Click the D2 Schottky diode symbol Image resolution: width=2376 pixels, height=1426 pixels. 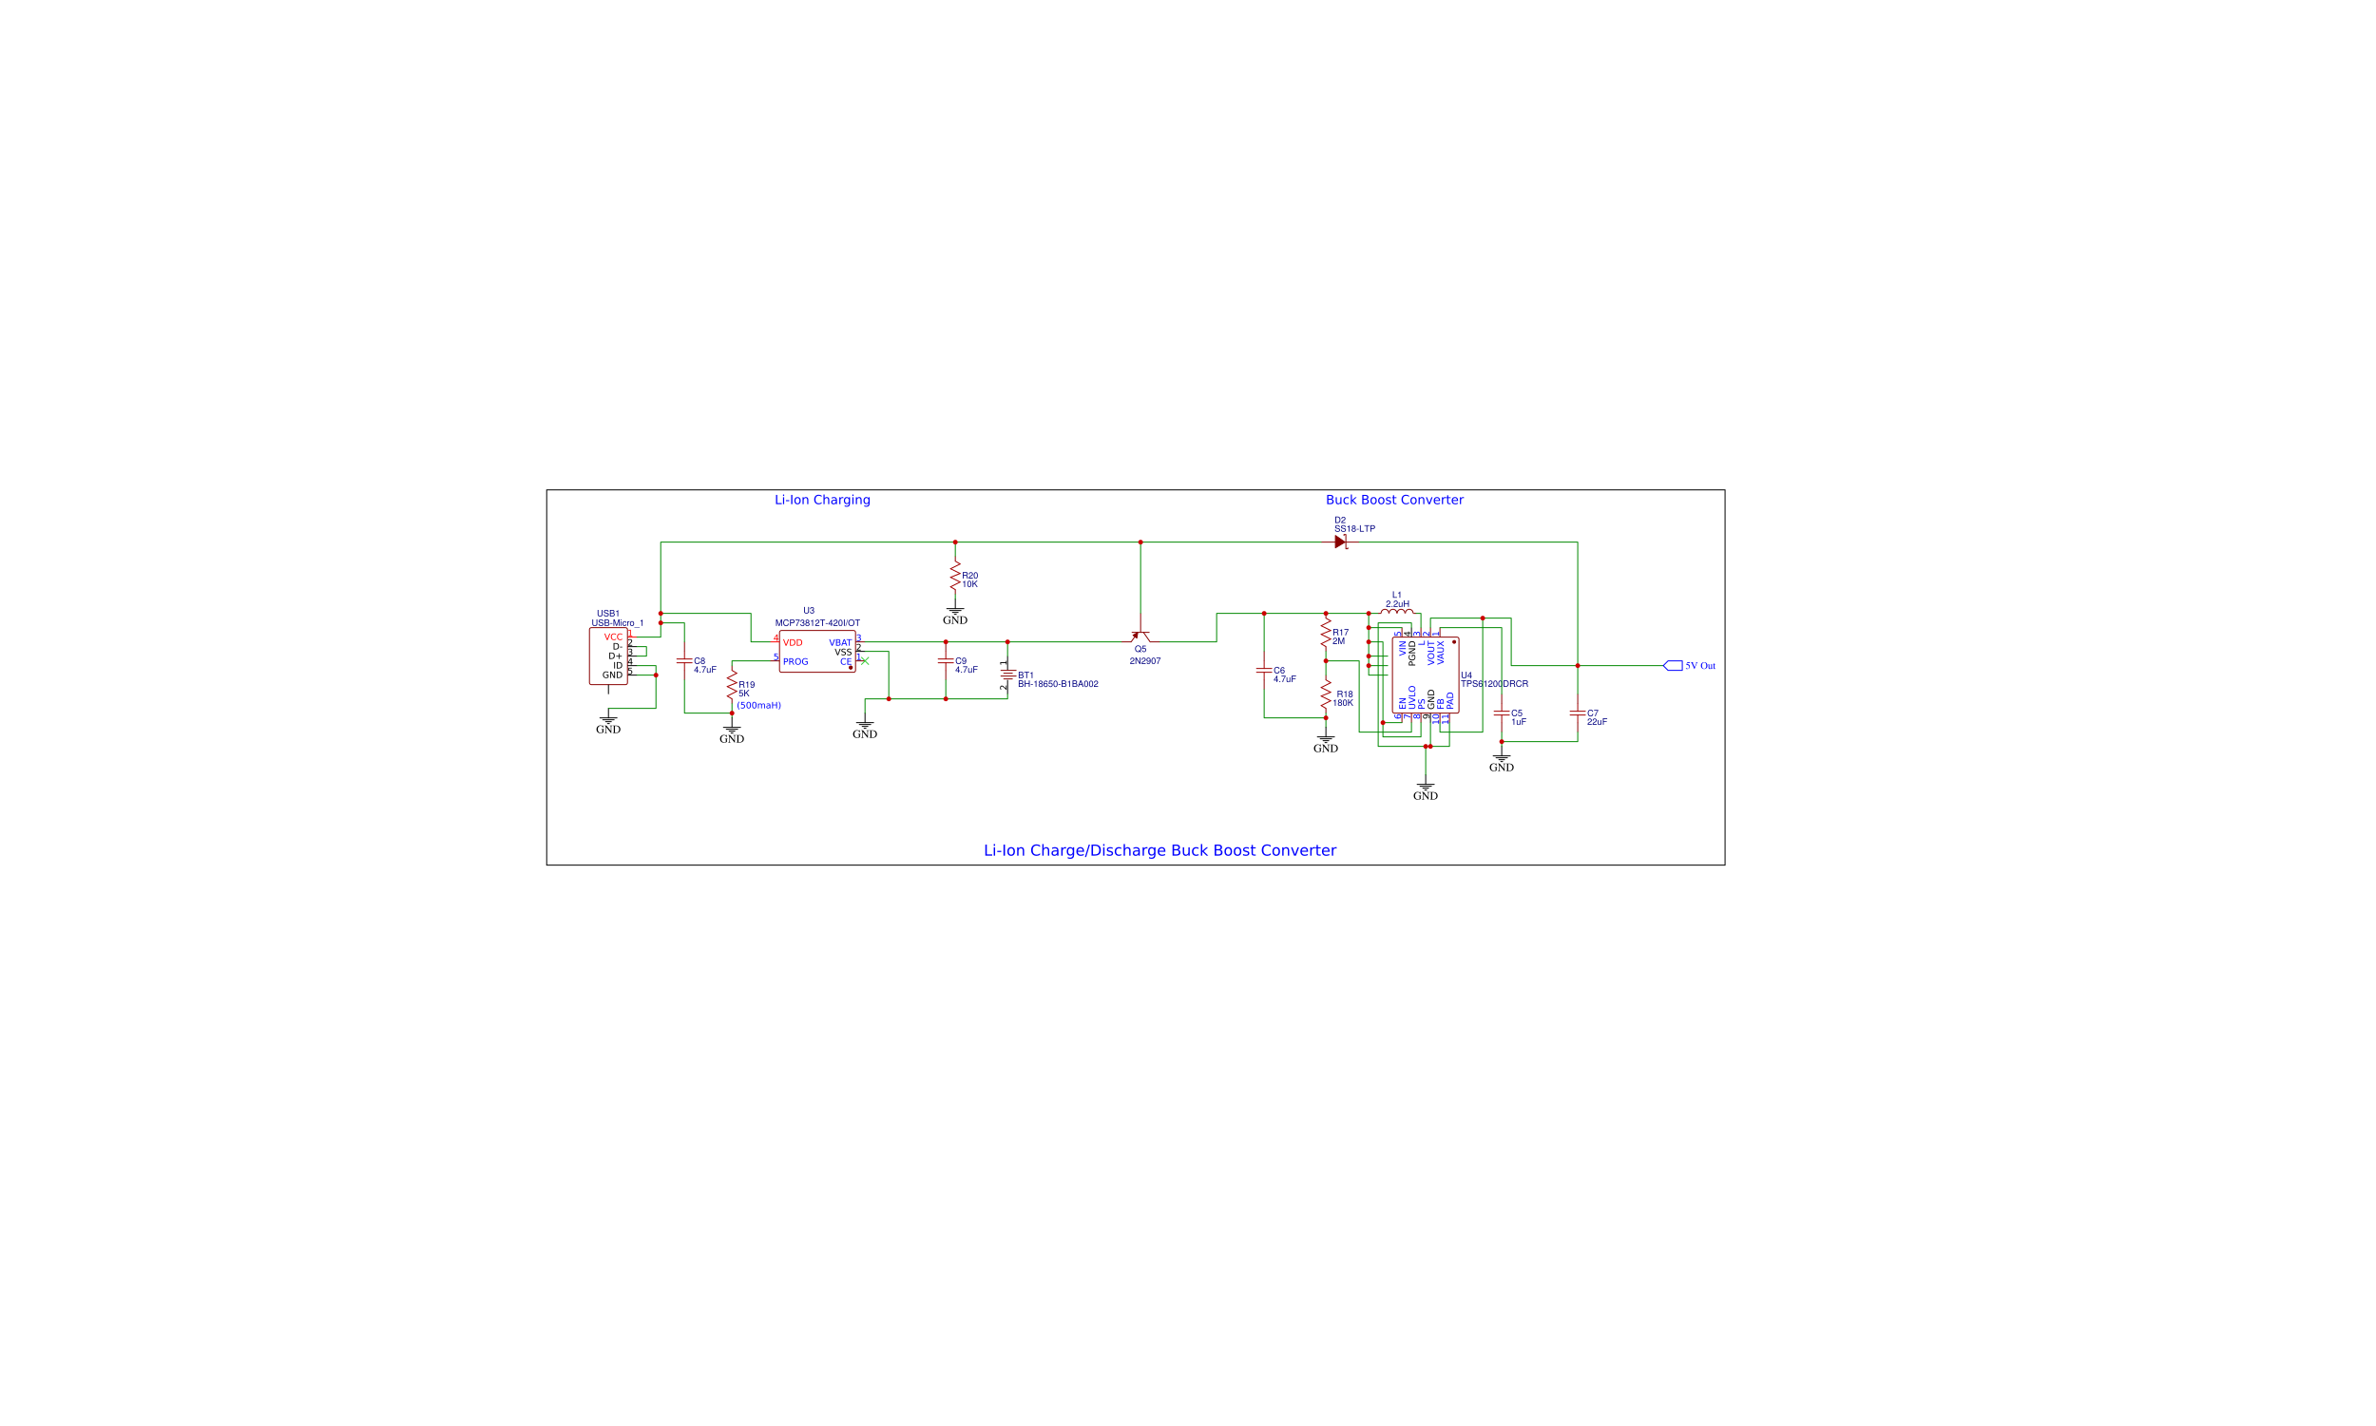[x=1340, y=542]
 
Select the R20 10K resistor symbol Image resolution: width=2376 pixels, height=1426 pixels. [x=954, y=577]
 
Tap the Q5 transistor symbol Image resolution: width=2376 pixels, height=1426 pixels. [x=1140, y=637]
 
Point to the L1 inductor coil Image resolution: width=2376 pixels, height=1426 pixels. [x=1396, y=611]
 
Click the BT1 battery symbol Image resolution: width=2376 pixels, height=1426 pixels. [x=1007, y=675]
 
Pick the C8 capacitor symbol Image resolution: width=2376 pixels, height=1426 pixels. [x=684, y=661]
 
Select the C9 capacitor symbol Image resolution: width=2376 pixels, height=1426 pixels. [x=946, y=661]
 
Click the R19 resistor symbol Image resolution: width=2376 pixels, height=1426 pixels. [x=732, y=685]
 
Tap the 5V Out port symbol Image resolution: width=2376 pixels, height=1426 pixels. [x=1673, y=666]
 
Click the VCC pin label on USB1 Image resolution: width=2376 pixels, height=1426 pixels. [x=613, y=637]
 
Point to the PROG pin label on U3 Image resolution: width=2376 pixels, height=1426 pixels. [x=795, y=662]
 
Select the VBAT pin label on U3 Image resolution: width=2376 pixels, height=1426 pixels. [x=839, y=643]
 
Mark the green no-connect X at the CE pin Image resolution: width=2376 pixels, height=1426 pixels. [x=864, y=661]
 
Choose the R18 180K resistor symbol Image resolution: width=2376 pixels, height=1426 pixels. [x=1326, y=694]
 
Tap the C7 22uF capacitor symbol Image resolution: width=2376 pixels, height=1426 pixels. [x=1578, y=713]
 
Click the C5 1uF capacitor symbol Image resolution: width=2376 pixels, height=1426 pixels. [x=1502, y=713]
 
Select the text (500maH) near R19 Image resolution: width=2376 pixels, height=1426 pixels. [x=758, y=705]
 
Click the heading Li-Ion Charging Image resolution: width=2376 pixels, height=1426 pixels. [x=822, y=500]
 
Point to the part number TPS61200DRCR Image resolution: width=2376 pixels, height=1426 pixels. [x=1495, y=684]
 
